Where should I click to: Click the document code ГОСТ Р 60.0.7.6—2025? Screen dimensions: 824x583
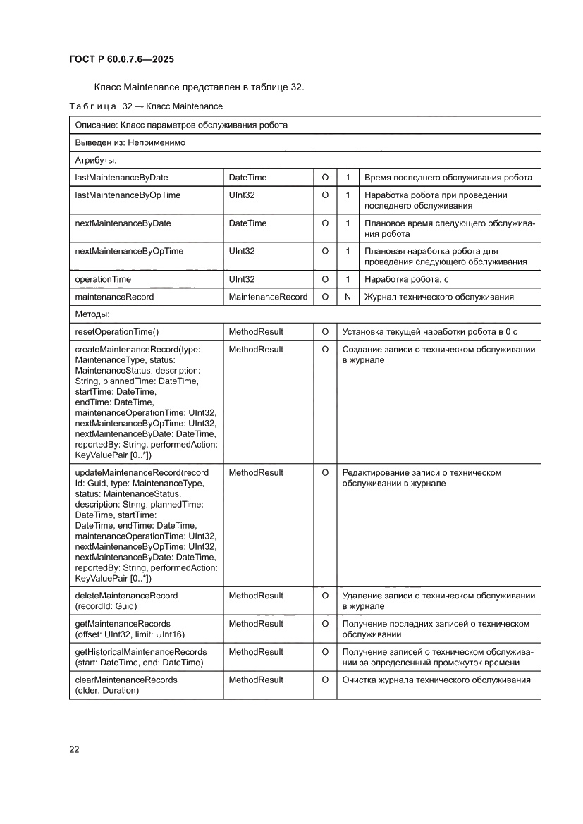[x=121, y=59]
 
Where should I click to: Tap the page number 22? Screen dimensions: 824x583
[x=74, y=749]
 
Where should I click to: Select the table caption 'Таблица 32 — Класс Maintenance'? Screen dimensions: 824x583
[x=146, y=106]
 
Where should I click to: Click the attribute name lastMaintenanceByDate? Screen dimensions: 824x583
[x=121, y=178]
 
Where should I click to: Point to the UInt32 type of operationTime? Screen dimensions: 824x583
[x=242, y=280]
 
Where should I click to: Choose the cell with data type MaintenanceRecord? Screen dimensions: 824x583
[x=268, y=297]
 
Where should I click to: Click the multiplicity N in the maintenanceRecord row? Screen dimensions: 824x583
[x=348, y=297]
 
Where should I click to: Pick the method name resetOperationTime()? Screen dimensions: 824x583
[x=117, y=331]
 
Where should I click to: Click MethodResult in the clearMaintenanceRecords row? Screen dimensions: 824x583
[x=256, y=680]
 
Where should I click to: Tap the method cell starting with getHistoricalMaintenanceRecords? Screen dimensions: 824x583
[x=140, y=657]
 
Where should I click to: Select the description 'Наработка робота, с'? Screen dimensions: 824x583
[x=407, y=280]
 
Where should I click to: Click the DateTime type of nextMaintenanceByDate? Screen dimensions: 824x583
[x=247, y=223]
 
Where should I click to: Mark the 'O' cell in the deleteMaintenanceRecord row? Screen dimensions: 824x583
[x=325, y=596]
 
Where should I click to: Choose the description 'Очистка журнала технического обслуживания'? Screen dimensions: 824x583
[x=436, y=680]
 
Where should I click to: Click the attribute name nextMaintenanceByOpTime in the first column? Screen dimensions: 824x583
[x=128, y=252]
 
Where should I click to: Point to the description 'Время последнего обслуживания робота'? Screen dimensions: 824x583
[x=448, y=178]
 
